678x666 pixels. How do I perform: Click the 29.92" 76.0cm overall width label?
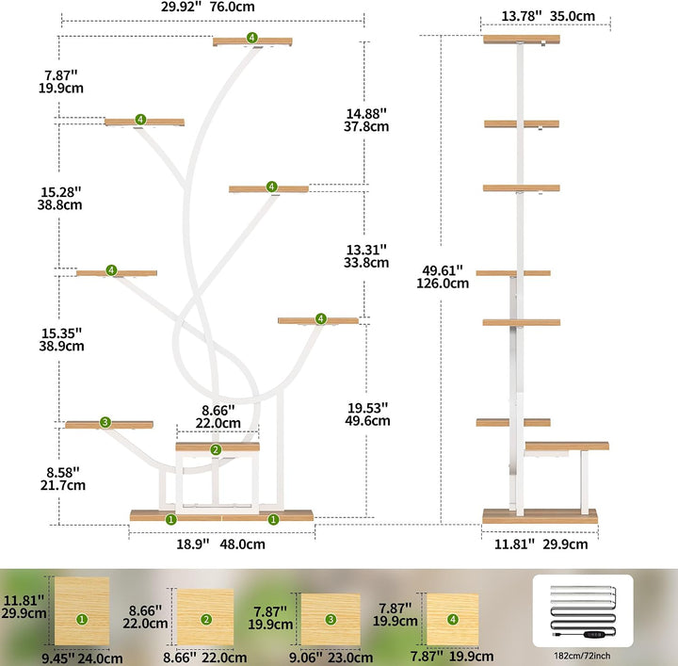[x=207, y=7]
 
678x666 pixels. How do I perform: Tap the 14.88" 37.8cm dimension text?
[x=366, y=121]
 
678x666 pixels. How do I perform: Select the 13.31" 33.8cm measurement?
[x=366, y=256]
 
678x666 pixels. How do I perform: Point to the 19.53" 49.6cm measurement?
[x=367, y=414]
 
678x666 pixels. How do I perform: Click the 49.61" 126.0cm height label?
[x=443, y=277]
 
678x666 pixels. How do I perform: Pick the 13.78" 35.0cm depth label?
[x=548, y=16]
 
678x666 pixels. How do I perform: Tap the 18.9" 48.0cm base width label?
[x=220, y=544]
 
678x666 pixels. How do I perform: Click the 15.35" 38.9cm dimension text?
[x=61, y=339]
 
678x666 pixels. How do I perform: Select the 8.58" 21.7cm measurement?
[x=63, y=479]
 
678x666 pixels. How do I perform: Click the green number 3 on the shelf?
[x=105, y=422]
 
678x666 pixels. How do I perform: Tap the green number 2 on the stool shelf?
[x=216, y=449]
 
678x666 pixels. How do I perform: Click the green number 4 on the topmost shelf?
[x=252, y=38]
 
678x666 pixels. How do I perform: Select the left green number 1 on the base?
[x=170, y=519]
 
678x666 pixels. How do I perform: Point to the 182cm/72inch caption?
[x=582, y=656]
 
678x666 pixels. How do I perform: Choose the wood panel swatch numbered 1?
[x=82, y=610]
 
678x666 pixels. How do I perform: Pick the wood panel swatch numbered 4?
[x=453, y=619]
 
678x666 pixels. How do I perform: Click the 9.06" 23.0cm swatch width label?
[x=331, y=658]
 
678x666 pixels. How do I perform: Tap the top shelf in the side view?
[x=522, y=40]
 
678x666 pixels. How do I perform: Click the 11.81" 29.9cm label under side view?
[x=541, y=544]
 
